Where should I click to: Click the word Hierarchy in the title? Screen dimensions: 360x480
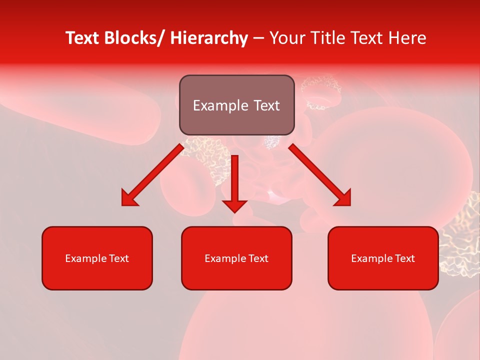click(x=209, y=38)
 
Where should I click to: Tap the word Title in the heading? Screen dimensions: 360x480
click(x=326, y=38)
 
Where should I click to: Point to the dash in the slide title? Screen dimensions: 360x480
click(x=259, y=38)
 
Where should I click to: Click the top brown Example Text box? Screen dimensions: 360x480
click(x=236, y=105)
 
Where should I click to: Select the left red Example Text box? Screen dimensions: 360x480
click(x=97, y=258)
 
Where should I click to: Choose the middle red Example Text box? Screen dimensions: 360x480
click(x=236, y=258)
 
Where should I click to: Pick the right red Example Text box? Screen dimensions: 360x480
click(x=383, y=258)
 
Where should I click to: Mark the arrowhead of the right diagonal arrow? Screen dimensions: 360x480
click(x=344, y=199)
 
